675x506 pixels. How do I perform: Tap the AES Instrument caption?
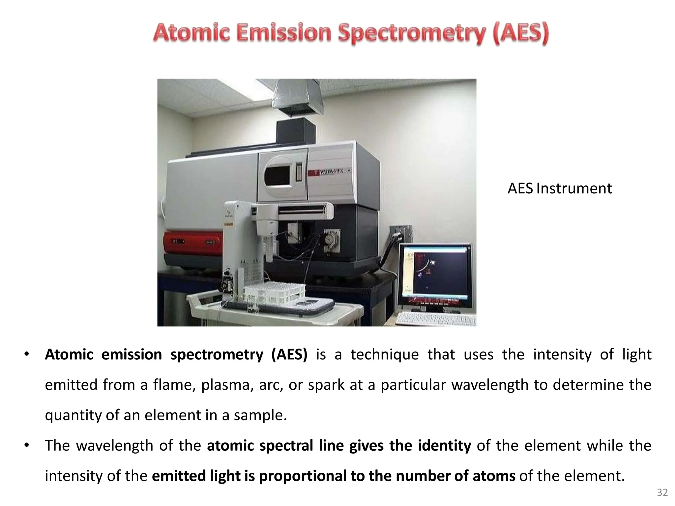pyautogui.click(x=559, y=188)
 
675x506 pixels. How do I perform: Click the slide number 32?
pyautogui.click(x=662, y=492)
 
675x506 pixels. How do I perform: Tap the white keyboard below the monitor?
pyautogui.click(x=435, y=319)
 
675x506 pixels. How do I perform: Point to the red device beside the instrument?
pyautogui.click(x=193, y=243)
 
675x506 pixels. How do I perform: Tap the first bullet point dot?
pyautogui.click(x=27, y=354)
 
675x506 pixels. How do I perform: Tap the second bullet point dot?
pyautogui.click(x=27, y=445)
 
